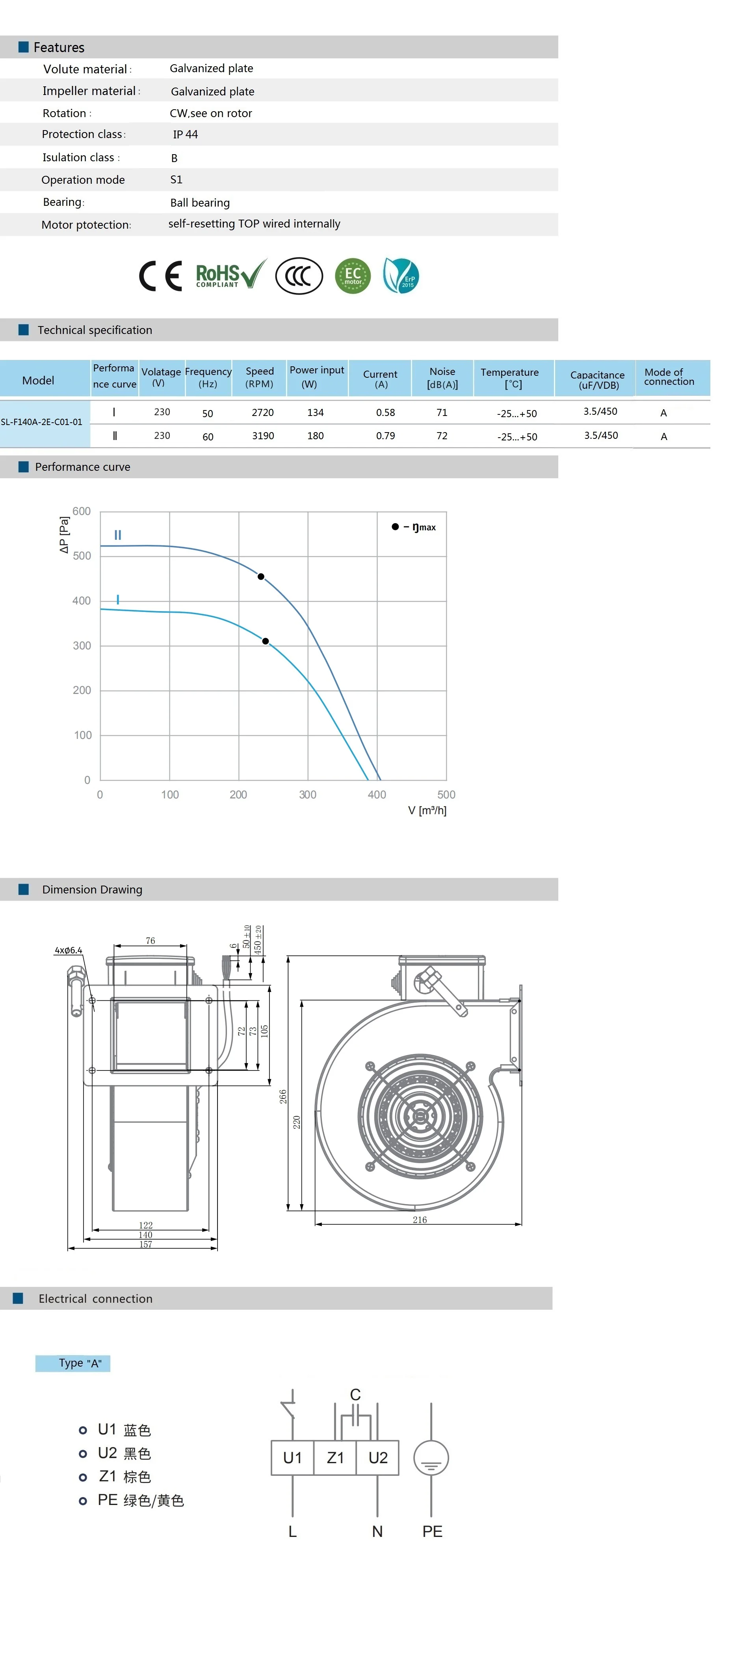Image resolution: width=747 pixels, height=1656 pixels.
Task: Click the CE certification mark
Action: click(x=161, y=276)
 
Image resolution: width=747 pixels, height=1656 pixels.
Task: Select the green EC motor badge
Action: click(x=353, y=276)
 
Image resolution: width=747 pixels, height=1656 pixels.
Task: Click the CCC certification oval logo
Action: click(x=299, y=276)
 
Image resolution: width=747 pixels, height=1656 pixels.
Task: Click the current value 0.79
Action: click(x=385, y=436)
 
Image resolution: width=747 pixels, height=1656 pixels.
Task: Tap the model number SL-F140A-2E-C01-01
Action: click(x=42, y=422)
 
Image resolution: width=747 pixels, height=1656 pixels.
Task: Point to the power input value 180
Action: click(x=315, y=436)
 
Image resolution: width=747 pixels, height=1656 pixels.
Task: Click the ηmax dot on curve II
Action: click(x=261, y=576)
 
